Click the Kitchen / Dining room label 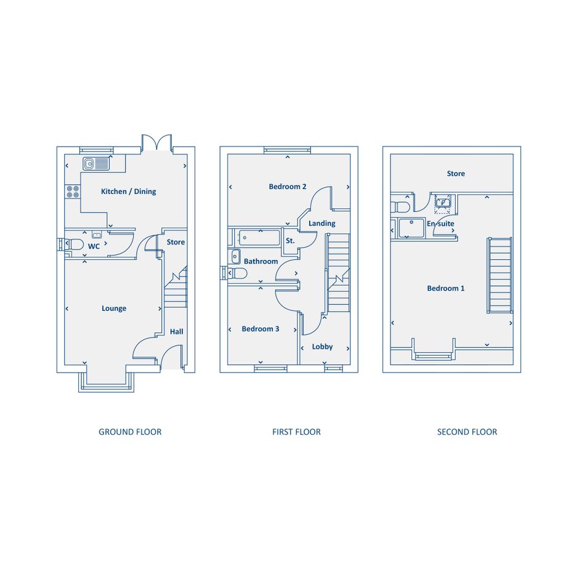pyautogui.click(x=129, y=192)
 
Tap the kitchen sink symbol pyautogui.click(x=96, y=164)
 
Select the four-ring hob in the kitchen pyautogui.click(x=73, y=192)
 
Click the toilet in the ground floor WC pyautogui.click(x=75, y=245)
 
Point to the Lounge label pyautogui.click(x=114, y=309)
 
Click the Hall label pyautogui.click(x=176, y=331)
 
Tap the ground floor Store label pyautogui.click(x=176, y=242)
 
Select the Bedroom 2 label pyautogui.click(x=288, y=187)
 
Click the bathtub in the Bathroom pyautogui.click(x=259, y=238)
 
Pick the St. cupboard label pyautogui.click(x=290, y=241)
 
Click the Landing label pyautogui.click(x=322, y=224)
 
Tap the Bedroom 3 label pyautogui.click(x=260, y=329)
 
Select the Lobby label pyautogui.click(x=322, y=347)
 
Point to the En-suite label pyautogui.click(x=440, y=224)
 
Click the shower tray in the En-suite pyautogui.click(x=411, y=228)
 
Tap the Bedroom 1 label pyautogui.click(x=446, y=288)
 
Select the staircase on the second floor pyautogui.click(x=499, y=275)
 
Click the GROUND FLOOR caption pyautogui.click(x=130, y=432)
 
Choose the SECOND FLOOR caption pyautogui.click(x=467, y=432)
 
